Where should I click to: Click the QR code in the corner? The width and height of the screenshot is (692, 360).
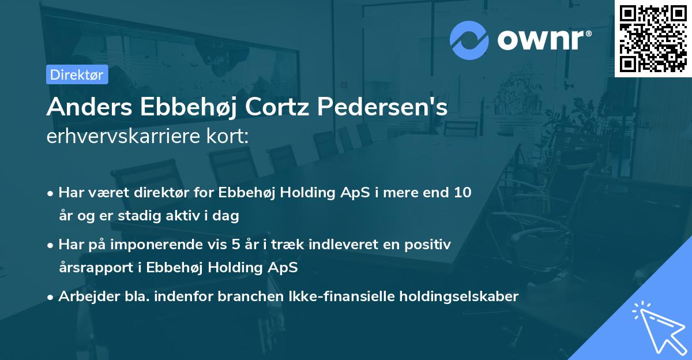point(653,38)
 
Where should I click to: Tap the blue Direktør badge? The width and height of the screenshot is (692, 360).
point(77,74)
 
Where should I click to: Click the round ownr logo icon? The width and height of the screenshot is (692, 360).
point(469,39)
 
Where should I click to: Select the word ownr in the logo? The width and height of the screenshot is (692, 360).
point(543,39)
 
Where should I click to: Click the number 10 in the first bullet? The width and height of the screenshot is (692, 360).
point(462,193)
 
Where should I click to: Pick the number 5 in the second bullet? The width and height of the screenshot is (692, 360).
point(235,245)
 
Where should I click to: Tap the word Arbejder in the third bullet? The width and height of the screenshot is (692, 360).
point(84,297)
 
